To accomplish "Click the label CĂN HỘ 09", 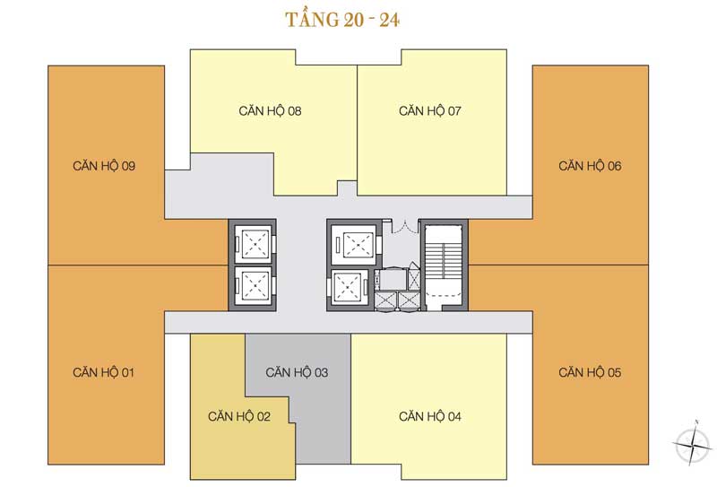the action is tap(104, 165).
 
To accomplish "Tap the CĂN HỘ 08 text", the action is tap(270, 110).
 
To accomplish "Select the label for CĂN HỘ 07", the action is tap(430, 110).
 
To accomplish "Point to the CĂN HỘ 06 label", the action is tap(590, 165).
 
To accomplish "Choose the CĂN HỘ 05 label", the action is tap(590, 372).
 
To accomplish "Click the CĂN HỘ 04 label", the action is tap(430, 416).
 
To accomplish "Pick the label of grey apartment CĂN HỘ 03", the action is tap(297, 372).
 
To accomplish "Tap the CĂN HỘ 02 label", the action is tap(239, 416).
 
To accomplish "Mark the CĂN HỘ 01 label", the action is tap(103, 372).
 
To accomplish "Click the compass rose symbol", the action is tap(693, 442).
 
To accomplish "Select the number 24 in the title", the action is tap(389, 20).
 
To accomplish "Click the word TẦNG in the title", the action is tap(313, 19).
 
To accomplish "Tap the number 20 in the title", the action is tap(354, 20).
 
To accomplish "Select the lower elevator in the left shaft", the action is tap(255, 285).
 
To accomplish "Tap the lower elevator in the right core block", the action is tap(350, 287).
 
